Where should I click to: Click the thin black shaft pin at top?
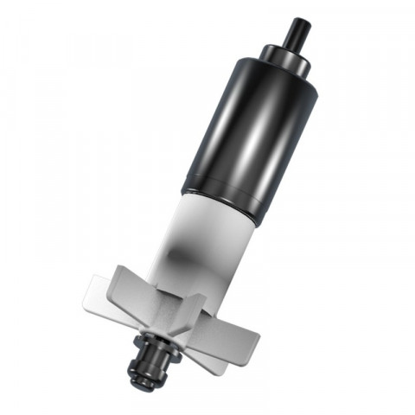[x=297, y=33]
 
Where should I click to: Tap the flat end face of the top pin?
[x=302, y=20]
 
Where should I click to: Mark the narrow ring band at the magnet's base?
[x=221, y=204]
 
